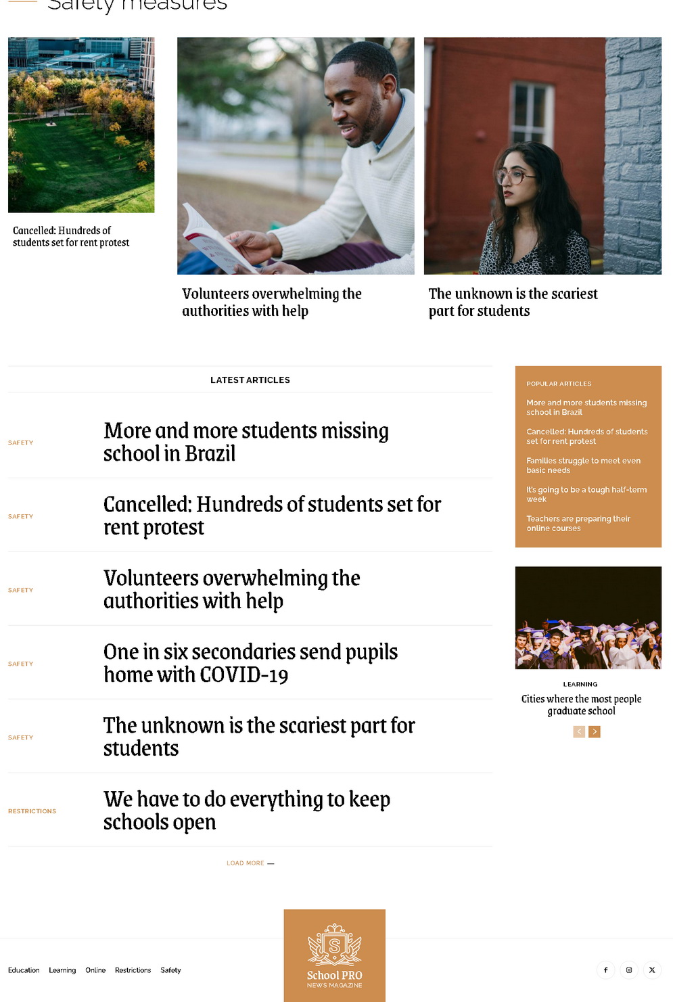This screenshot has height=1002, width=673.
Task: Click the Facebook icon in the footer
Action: (x=605, y=970)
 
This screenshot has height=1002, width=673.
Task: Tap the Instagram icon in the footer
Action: (x=629, y=970)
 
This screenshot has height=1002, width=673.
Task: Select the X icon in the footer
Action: (x=652, y=970)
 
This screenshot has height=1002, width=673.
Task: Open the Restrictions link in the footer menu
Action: (x=133, y=970)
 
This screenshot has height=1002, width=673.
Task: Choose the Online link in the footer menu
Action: (x=95, y=970)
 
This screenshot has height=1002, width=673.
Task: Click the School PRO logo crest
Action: (x=334, y=944)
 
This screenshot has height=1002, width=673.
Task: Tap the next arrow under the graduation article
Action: (x=595, y=731)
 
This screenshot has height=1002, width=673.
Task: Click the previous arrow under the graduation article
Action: (x=579, y=731)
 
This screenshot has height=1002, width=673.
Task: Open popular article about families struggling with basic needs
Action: (x=583, y=465)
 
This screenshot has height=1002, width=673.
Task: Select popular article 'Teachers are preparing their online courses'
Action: (x=578, y=524)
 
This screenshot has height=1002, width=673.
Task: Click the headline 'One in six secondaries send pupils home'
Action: (x=250, y=663)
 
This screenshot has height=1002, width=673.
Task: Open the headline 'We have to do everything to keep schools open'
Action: (x=246, y=811)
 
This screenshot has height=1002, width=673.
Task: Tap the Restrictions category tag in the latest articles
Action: (x=32, y=811)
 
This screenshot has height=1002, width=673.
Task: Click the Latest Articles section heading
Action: (x=250, y=380)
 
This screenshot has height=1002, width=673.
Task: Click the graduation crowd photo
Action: (x=588, y=618)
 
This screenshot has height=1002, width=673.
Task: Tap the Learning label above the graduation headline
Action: (x=580, y=685)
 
